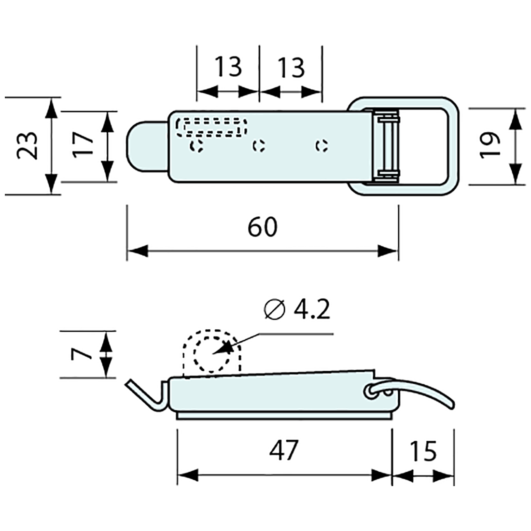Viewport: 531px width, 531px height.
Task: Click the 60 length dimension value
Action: click(263, 227)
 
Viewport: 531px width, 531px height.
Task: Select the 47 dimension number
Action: click(284, 450)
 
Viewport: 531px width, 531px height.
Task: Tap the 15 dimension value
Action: click(423, 451)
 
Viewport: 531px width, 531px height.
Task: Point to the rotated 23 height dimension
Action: click(28, 145)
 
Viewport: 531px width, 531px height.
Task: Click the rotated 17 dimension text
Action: click(84, 145)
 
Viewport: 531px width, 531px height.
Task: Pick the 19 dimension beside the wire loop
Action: click(489, 146)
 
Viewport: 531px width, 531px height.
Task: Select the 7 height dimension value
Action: click(81, 354)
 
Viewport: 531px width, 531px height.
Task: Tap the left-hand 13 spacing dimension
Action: click(228, 67)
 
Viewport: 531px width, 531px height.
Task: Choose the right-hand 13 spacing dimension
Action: click(291, 67)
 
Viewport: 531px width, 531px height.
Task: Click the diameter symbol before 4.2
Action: click(274, 310)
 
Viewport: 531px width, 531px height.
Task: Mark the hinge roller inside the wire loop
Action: click(387, 145)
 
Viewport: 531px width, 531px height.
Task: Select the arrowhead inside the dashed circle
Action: click(221, 349)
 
